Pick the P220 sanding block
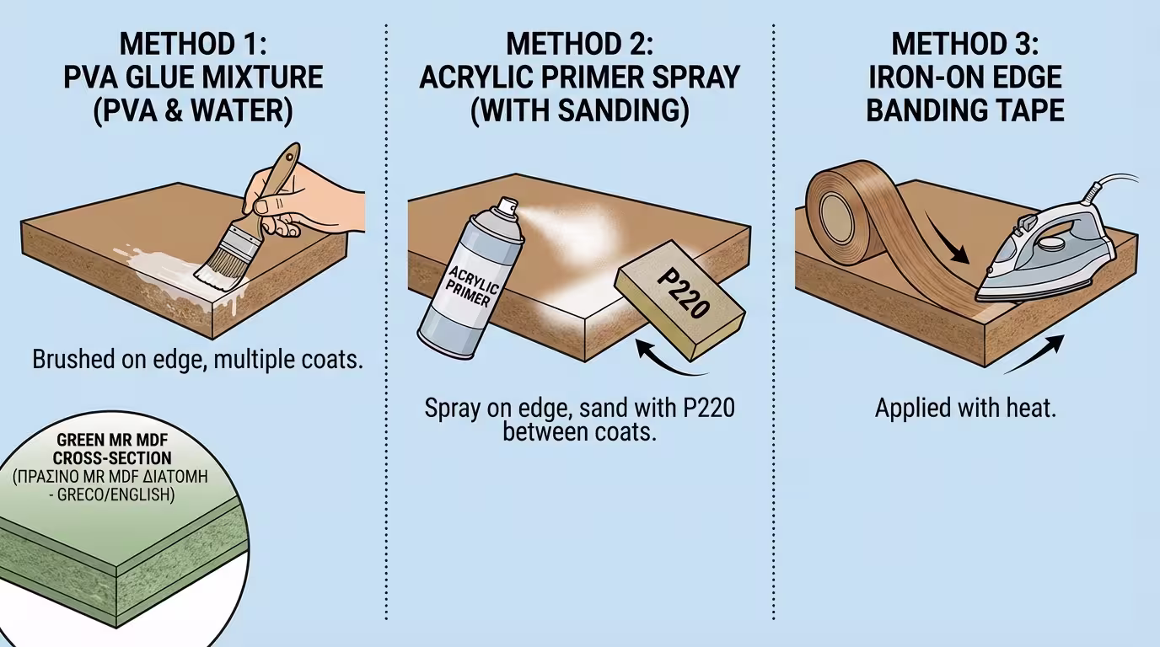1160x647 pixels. [x=680, y=300]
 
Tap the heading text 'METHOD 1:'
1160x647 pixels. [x=193, y=44]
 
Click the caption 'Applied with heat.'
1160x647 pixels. [x=965, y=408]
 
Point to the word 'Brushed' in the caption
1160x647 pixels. [x=73, y=359]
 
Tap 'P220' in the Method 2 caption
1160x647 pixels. [x=709, y=408]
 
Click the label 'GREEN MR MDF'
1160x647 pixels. [x=112, y=440]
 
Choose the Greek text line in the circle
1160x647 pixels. [x=110, y=476]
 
